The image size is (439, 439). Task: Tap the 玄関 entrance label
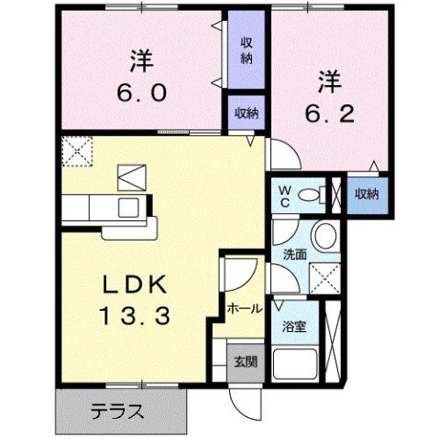coord(245,361)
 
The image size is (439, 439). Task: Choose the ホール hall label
coord(244,309)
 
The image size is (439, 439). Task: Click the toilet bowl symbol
coord(314,194)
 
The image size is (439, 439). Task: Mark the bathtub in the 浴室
coord(295,365)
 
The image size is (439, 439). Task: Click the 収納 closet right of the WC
coord(367,194)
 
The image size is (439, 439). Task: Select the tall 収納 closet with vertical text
coord(247,50)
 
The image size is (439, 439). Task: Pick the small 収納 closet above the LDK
coord(246,113)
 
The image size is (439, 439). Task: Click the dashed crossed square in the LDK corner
coord(79,150)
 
